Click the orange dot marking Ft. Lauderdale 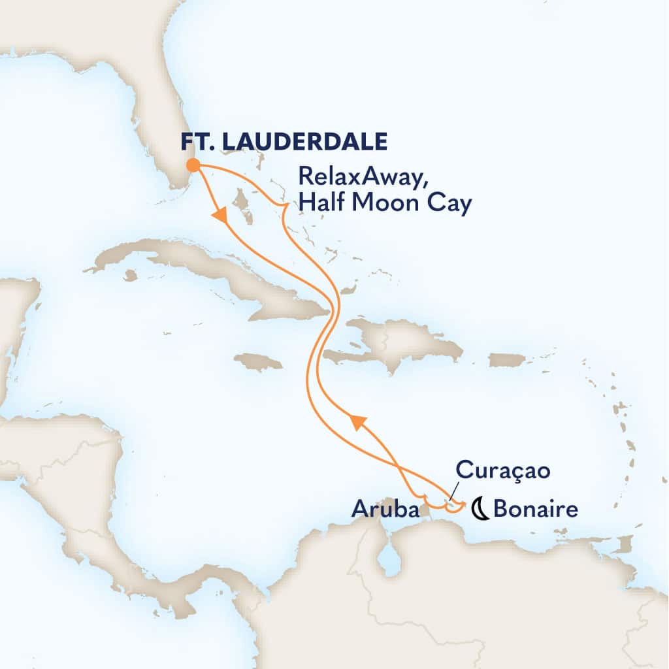point(193,164)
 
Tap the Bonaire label point(536,508)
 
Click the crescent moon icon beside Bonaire point(481,508)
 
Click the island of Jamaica point(257,361)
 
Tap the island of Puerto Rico point(507,359)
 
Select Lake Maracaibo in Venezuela point(390,559)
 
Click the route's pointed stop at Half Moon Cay point(285,208)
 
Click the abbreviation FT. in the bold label point(195,140)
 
